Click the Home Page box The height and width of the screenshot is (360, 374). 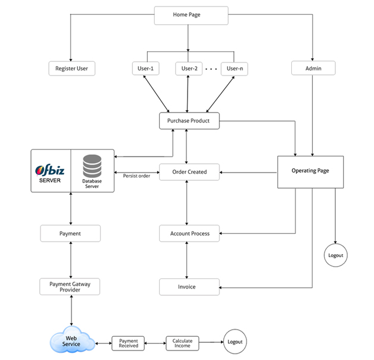point(191,15)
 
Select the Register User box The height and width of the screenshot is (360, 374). point(71,68)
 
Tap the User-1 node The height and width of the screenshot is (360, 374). point(144,68)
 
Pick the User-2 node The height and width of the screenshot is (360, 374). point(188,68)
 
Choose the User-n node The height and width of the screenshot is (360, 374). point(235,68)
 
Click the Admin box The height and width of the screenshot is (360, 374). point(313,68)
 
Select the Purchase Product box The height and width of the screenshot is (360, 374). point(188,121)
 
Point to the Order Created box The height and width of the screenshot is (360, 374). point(189,172)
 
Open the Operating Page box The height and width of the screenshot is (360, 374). point(310,171)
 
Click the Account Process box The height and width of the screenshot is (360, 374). point(189,233)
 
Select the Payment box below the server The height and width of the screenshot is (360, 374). point(70,233)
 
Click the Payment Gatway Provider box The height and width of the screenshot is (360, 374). point(69,286)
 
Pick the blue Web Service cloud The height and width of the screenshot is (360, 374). point(71,342)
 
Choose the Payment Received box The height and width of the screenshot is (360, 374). point(129,343)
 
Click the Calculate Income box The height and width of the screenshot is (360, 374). point(182,343)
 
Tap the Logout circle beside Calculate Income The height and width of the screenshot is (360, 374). point(235,342)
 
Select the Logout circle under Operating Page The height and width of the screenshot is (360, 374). point(335,255)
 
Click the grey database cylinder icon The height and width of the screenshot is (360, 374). point(92,165)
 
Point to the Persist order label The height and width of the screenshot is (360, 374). point(136,176)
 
